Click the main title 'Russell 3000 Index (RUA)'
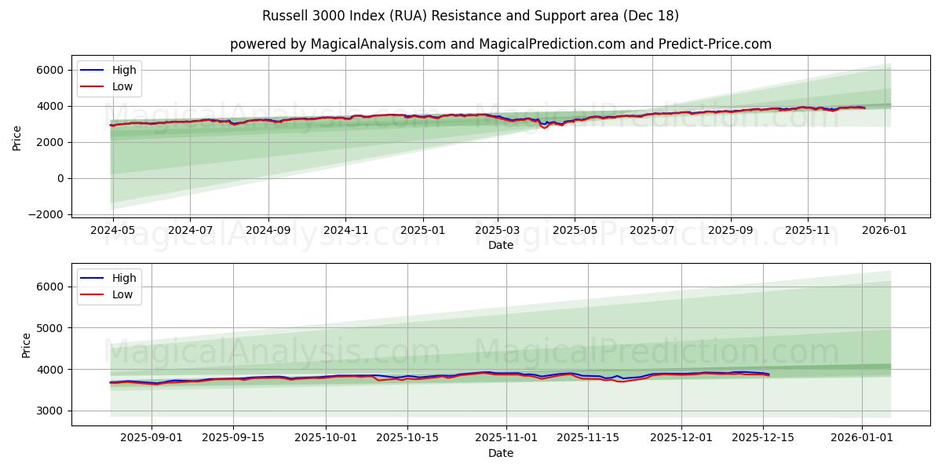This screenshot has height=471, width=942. [x=471, y=16]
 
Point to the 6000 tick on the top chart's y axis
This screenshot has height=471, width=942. [x=49, y=70]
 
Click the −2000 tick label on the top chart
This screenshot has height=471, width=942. [x=45, y=214]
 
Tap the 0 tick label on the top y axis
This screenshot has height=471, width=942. [x=59, y=178]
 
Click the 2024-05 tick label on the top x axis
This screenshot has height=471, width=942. [x=113, y=231]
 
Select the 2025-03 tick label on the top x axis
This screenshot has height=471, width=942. [x=498, y=231]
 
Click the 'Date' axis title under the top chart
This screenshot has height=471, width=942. [x=500, y=245]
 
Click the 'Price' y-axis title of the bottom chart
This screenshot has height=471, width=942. [x=27, y=345]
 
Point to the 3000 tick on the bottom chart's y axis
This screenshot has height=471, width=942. [x=49, y=411]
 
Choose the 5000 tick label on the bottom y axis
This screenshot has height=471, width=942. [x=49, y=328]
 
